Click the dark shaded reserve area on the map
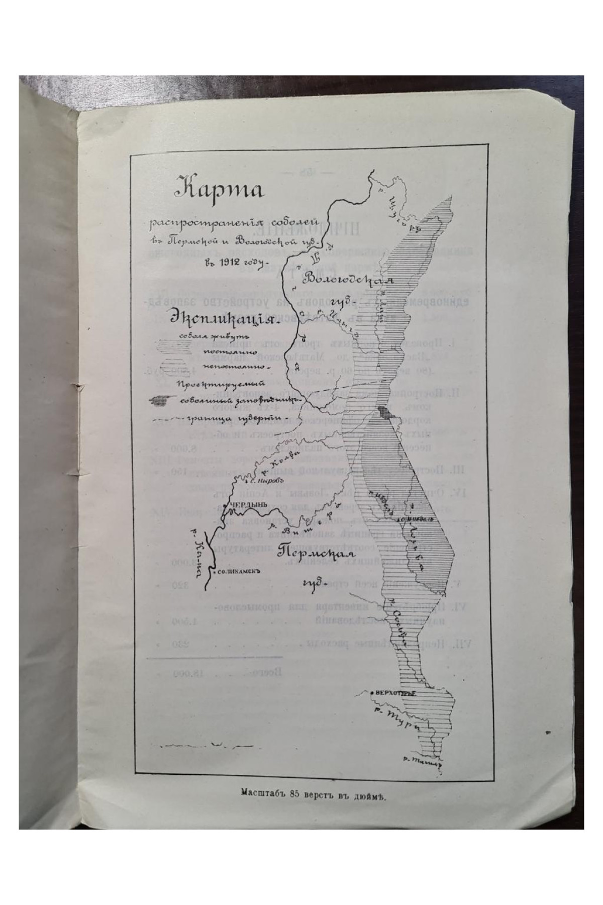pyautogui.click(x=383, y=413)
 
